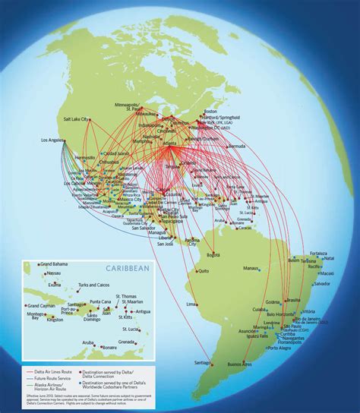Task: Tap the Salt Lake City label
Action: coord(76,118)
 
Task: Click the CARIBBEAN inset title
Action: coord(113,268)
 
